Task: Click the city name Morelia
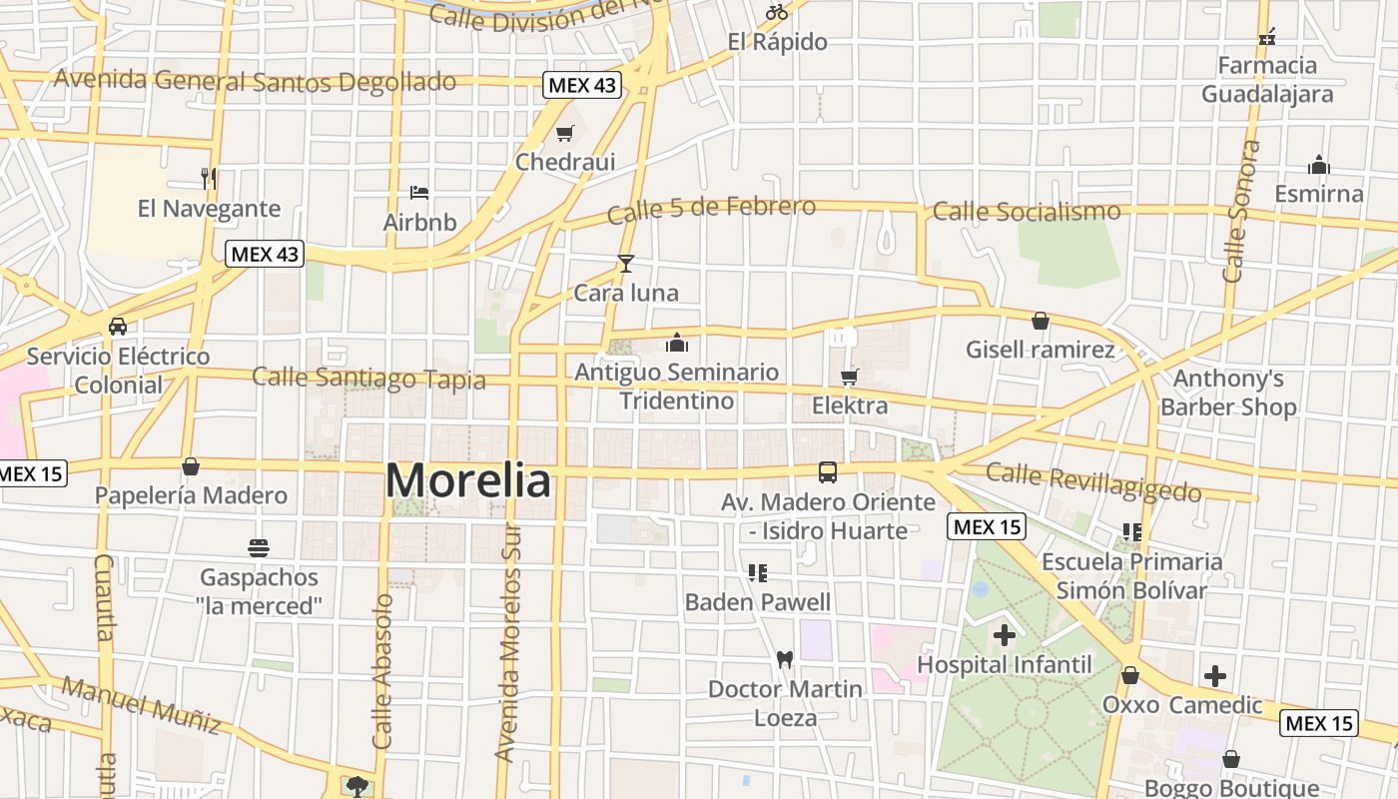tap(467, 481)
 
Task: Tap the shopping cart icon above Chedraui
tap(565, 133)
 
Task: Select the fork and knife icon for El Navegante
tap(209, 179)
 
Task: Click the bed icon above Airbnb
tap(419, 192)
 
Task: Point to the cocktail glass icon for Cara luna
tap(626, 264)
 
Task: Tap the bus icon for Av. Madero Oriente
tap(828, 472)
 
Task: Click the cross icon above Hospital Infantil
tap(1005, 635)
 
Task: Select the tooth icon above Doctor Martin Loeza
tap(785, 659)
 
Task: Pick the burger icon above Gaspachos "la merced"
tap(259, 547)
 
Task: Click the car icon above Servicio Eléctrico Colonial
tap(118, 327)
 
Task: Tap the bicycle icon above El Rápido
tap(777, 12)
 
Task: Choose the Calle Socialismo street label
tap(1026, 212)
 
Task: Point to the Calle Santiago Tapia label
tap(368, 378)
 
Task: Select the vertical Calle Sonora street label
tap(1236, 212)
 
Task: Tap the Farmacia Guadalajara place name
tap(1267, 80)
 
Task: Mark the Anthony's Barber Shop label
tap(1228, 393)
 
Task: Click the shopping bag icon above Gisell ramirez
tap(1041, 321)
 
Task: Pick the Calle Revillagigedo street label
tap(1093, 481)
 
